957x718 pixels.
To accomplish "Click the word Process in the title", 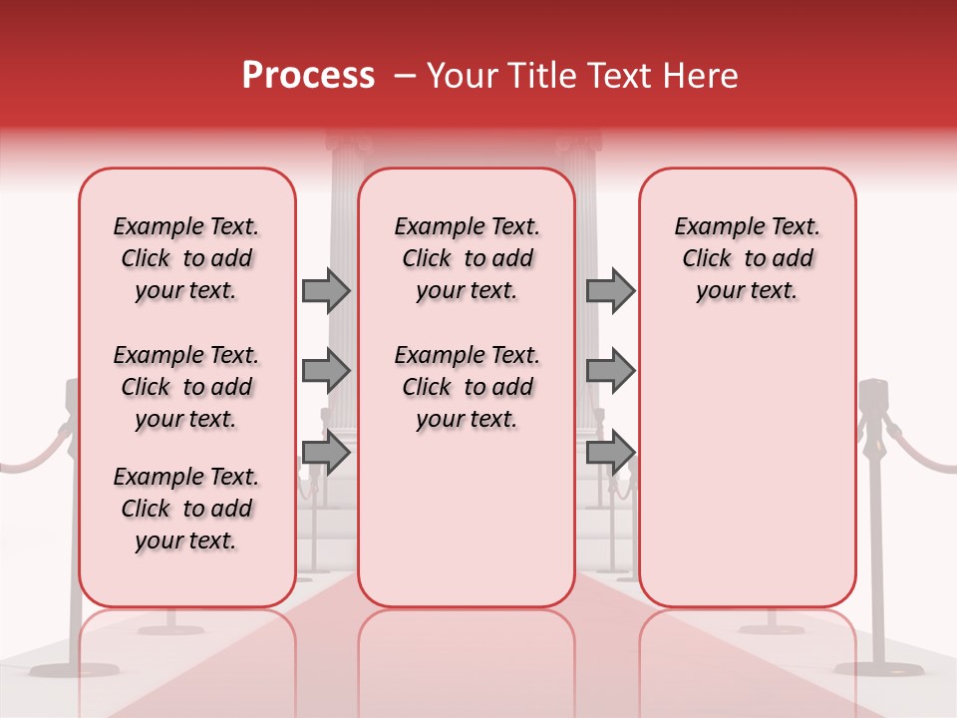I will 308,76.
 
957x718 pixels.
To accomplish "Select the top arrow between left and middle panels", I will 326,290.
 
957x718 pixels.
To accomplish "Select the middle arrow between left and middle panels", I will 326,371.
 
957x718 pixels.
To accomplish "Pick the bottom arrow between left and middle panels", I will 326,452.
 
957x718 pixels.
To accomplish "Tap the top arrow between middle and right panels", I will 610,290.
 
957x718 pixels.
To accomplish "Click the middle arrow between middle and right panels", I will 610,371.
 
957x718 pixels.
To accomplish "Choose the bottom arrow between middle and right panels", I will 610,452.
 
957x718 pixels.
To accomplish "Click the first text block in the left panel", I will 186,258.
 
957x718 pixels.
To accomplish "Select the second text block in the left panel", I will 186,387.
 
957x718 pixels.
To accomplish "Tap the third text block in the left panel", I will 186,509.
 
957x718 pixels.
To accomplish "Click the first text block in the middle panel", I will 467,258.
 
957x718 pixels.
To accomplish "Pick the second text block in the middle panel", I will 467,387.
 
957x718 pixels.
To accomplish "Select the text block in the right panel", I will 747,258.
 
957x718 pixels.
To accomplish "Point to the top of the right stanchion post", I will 874,391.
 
